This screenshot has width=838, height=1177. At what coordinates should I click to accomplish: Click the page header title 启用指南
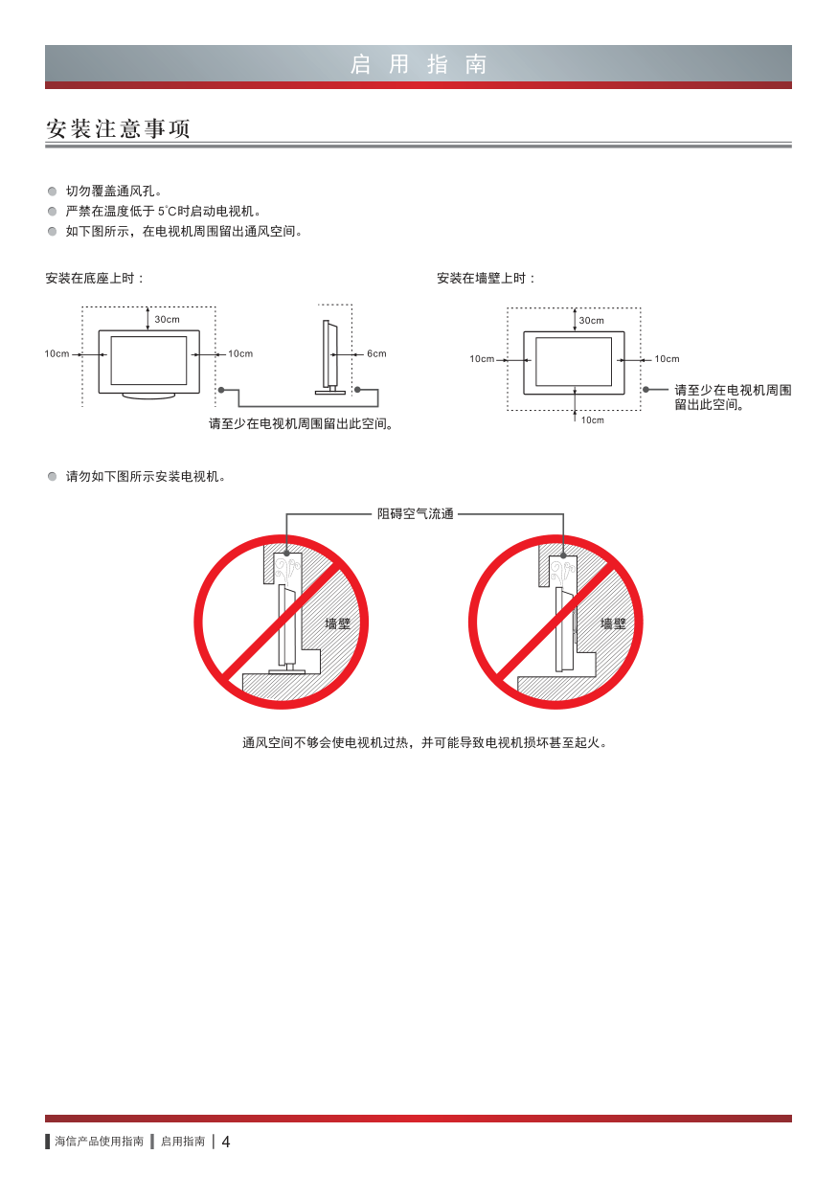(x=419, y=64)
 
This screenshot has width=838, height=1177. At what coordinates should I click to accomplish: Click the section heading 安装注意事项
(x=118, y=128)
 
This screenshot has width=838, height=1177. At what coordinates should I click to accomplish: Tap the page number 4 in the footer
(x=226, y=1142)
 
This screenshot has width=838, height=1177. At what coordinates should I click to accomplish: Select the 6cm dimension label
(x=376, y=353)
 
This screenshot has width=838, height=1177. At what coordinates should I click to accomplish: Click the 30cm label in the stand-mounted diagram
(x=167, y=319)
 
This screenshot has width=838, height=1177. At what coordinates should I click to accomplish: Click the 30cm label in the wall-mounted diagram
(x=592, y=320)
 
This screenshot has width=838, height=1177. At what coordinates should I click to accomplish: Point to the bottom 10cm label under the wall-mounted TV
(x=593, y=419)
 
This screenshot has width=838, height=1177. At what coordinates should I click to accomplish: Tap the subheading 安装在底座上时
(x=95, y=278)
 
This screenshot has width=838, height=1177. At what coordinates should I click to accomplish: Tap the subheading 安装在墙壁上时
(x=486, y=278)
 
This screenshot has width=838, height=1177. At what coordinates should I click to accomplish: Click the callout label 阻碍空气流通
(x=415, y=513)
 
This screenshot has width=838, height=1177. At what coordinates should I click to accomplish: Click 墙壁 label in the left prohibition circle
(x=338, y=623)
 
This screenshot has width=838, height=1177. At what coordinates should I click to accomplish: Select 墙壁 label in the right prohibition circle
(x=613, y=623)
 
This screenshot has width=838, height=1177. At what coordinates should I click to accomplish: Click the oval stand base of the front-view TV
(x=148, y=396)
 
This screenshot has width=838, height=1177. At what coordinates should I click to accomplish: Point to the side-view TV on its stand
(x=330, y=357)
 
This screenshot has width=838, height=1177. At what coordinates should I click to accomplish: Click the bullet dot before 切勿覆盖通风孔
(x=52, y=192)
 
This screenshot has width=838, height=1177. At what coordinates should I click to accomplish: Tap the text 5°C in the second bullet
(x=167, y=212)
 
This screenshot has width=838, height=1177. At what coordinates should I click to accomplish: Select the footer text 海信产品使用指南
(x=100, y=1142)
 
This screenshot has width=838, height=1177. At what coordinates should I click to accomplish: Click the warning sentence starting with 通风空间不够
(x=424, y=742)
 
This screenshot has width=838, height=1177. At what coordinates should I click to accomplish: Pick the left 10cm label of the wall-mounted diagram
(x=482, y=359)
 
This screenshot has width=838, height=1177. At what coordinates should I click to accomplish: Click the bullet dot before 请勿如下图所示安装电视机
(x=52, y=477)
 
